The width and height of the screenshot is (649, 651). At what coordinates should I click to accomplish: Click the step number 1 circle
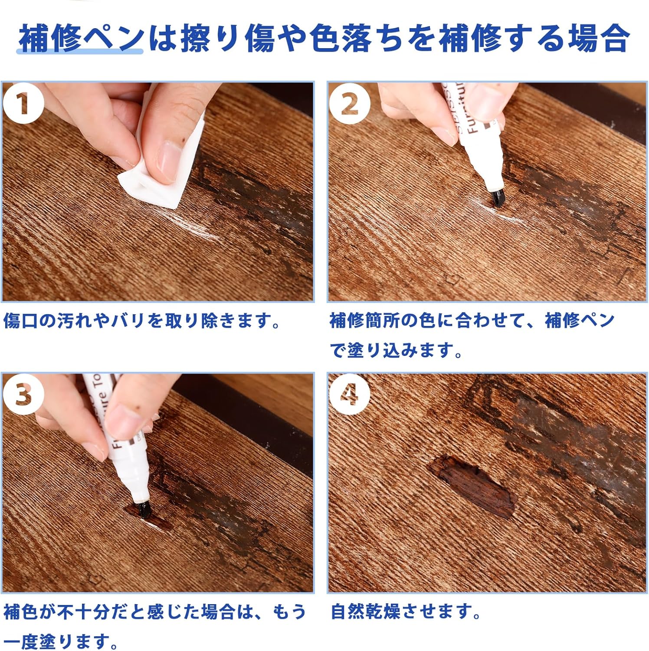coord(23,103)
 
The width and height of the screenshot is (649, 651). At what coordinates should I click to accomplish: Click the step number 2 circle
coord(349,103)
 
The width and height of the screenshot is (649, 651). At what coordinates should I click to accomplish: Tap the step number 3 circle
coord(23,395)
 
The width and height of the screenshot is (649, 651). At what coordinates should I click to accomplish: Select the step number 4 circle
coord(349,395)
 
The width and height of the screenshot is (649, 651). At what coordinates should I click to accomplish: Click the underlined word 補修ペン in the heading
coord(81,38)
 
